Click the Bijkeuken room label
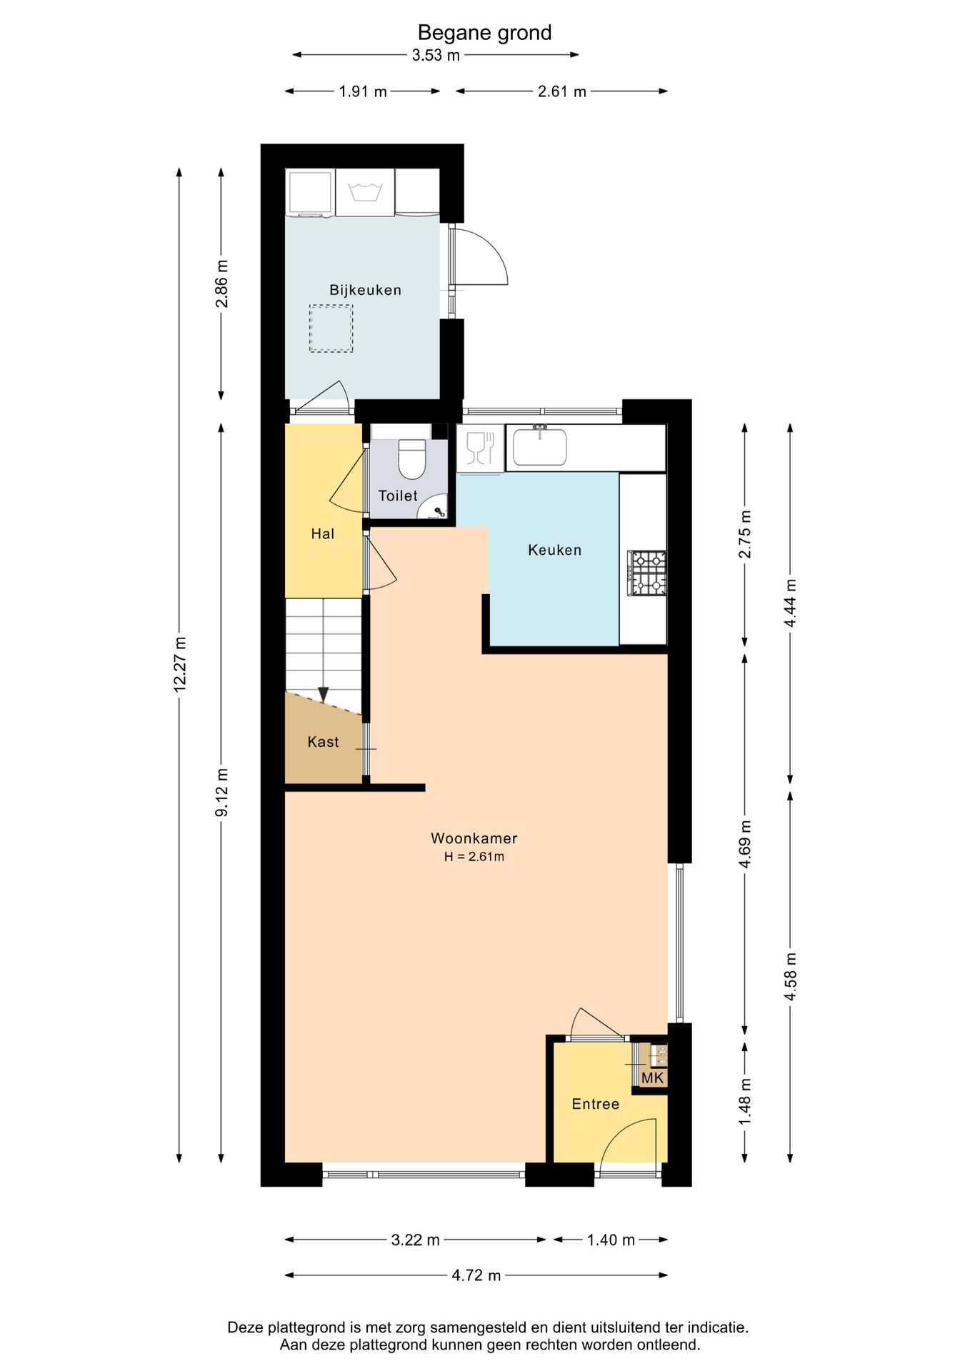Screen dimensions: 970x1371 365,290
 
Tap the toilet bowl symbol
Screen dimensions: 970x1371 412,458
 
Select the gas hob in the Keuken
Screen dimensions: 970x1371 647,573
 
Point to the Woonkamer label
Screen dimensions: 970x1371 474,838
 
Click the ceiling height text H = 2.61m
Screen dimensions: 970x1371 474,857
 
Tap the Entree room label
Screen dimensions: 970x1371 596,1104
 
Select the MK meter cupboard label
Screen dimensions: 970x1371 653,1078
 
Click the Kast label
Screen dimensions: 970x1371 323,742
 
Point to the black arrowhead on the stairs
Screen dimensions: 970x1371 323,695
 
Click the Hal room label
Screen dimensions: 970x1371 323,533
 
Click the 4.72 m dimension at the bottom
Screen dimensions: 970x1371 476,1275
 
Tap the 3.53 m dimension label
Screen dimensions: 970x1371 436,55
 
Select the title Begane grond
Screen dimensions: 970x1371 484,32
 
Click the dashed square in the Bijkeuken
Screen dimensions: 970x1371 331,328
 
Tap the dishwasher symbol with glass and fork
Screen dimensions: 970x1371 480,448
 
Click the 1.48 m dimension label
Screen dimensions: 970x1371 745,1102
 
